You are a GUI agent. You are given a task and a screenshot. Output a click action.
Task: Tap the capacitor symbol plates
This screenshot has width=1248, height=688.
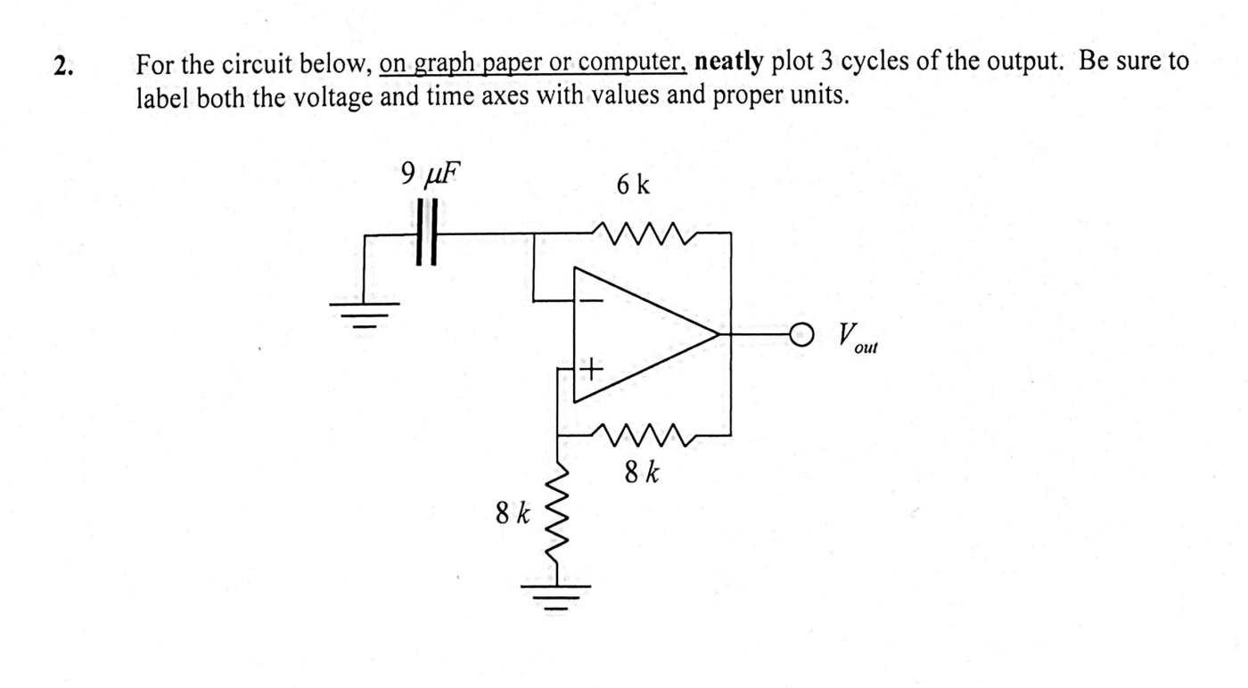427,233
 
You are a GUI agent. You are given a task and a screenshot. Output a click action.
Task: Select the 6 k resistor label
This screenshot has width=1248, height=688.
633,185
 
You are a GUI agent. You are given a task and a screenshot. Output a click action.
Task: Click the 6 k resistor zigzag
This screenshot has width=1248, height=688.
643,233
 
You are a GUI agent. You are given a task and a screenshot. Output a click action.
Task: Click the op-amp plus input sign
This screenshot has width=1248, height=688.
591,367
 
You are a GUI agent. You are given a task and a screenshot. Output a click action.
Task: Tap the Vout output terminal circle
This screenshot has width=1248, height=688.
801,335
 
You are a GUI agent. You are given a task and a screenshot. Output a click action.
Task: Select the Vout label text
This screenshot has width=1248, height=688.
856,339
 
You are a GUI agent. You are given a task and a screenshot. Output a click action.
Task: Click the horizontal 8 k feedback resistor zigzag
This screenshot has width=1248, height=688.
643,436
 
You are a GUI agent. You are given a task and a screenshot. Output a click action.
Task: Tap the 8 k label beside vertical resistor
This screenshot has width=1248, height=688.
513,513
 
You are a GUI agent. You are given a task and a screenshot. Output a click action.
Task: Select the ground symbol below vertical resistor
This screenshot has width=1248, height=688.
557,592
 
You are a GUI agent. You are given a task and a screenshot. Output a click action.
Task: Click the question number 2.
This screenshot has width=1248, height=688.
61,65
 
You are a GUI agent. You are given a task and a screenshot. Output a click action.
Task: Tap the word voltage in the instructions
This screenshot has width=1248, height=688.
333,95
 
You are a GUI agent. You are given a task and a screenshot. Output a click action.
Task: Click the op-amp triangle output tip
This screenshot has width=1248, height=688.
718,335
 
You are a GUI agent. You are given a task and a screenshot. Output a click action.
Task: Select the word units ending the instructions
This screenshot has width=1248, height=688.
819,95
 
